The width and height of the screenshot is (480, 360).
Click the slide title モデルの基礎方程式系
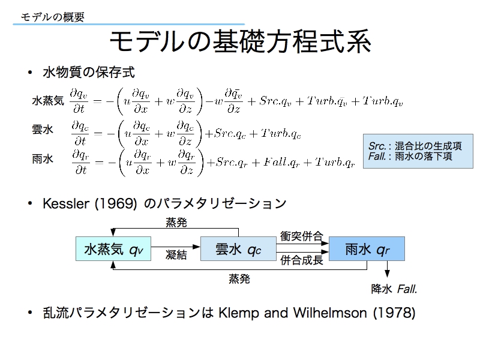coord(241,41)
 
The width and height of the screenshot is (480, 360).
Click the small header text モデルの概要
coord(52,17)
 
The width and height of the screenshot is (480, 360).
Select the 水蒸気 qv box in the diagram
coord(113,249)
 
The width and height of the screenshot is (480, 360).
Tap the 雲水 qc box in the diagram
coord(238,249)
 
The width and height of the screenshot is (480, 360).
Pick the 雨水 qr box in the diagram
coord(367,249)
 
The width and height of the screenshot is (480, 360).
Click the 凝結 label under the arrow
coord(176,254)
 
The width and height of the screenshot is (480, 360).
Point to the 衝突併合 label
coord(302,236)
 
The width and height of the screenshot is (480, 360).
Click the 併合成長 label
coord(302,260)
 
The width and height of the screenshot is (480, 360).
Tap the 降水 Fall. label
coord(394,289)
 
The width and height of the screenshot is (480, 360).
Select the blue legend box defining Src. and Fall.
coord(418,151)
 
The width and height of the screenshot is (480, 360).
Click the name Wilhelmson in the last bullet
coord(330,313)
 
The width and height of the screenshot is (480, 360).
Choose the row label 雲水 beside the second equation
coord(43,130)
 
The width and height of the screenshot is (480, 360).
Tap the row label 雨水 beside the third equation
coord(43,159)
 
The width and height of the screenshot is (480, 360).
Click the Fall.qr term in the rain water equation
coord(281,163)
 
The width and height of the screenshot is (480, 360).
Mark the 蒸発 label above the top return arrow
coord(176,222)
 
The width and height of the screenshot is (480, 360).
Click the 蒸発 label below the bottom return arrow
coord(239,278)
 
